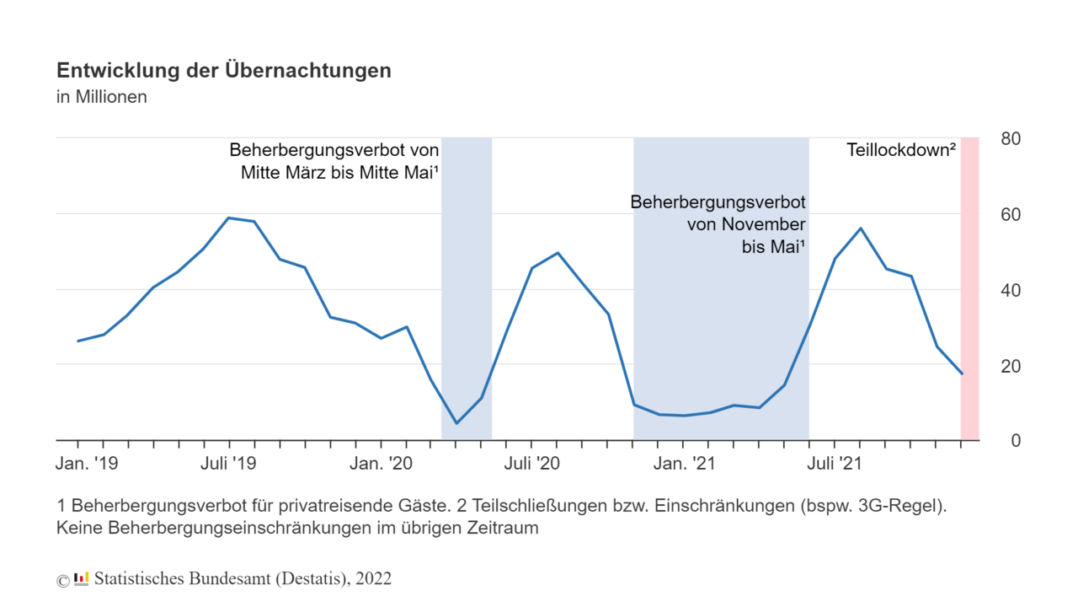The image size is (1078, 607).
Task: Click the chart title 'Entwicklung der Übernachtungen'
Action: [x=224, y=71]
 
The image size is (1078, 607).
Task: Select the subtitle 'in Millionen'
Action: [x=102, y=97]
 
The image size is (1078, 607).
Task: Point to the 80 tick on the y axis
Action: [x=1011, y=139]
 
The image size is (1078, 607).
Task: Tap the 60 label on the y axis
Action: [x=1011, y=215]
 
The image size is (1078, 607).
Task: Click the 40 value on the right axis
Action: [x=1011, y=291]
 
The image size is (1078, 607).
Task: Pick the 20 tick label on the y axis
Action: [x=1011, y=366]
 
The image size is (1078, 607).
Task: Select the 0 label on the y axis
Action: [x=1016, y=441]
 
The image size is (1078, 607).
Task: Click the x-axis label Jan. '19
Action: [x=87, y=463]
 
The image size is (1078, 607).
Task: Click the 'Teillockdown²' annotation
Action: [x=900, y=151]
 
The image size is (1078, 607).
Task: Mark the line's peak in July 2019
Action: [x=229, y=218]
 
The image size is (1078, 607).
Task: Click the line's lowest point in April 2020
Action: [x=456, y=423]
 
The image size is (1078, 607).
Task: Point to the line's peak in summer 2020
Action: [x=557, y=253]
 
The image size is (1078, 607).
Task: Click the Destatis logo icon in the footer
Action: [x=82, y=578]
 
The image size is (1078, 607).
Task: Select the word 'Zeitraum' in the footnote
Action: [x=503, y=529]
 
